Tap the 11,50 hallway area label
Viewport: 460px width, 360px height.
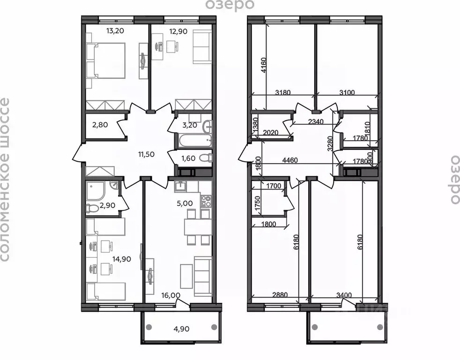(x=146, y=153)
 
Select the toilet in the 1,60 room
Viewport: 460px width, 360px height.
(x=205, y=159)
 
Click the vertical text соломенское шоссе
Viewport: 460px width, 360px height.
(x=5, y=180)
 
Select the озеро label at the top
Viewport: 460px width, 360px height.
(x=230, y=5)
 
